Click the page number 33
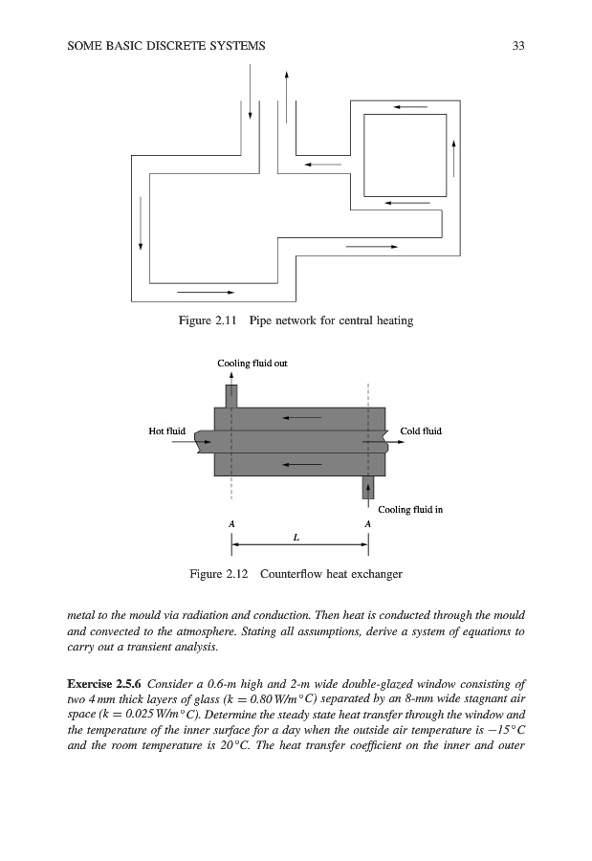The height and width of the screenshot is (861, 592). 519,46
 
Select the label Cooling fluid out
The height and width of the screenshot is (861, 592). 252,364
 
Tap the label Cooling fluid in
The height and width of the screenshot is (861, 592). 410,510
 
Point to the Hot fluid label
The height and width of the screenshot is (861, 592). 167,431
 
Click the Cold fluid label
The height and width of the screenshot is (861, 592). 421,431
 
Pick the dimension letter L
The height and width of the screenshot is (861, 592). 297,537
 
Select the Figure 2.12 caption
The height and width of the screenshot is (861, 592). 296,574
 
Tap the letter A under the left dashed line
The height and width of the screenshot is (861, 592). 230,524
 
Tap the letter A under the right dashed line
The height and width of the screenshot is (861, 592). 368,524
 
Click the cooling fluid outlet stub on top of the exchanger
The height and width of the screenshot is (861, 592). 230,395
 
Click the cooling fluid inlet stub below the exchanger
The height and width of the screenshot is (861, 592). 367,486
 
